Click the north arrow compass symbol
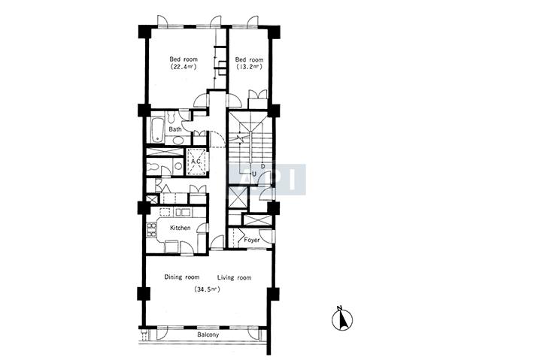click(342, 320)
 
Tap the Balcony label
click(208, 334)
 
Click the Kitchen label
click(181, 228)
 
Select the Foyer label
click(252, 240)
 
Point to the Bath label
click(175, 129)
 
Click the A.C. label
click(196, 162)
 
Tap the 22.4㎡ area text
click(184, 67)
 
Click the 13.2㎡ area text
click(249, 67)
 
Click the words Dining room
click(182, 277)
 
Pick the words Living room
click(235, 277)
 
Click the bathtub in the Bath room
click(157, 130)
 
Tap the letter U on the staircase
click(253, 174)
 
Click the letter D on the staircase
click(262, 166)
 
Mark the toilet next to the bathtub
click(171, 117)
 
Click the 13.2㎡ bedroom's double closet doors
click(258, 94)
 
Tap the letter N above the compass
click(339, 308)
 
